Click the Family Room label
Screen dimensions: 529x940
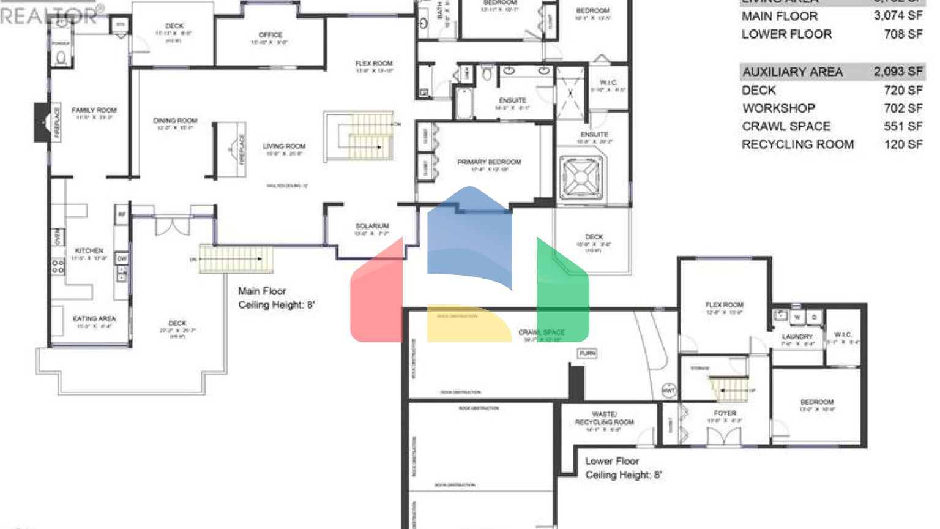click(94, 110)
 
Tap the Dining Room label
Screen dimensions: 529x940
click(175, 121)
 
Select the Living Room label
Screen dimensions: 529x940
click(284, 146)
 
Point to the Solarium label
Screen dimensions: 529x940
click(372, 226)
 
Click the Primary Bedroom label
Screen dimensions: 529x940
click(489, 162)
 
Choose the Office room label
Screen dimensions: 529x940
click(270, 35)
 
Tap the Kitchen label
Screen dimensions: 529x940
click(89, 250)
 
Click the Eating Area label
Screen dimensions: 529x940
click(94, 318)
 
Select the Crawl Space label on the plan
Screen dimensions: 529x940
click(542, 332)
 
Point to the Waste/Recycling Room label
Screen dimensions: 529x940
click(605, 418)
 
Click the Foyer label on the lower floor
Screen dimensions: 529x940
click(725, 413)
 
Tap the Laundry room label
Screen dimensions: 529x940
click(797, 337)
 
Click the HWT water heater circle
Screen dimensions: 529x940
click(669, 390)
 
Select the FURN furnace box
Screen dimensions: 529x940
click(587, 353)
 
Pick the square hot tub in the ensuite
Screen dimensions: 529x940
click(581, 178)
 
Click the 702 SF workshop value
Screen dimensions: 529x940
click(903, 108)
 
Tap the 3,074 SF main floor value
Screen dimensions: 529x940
click(898, 16)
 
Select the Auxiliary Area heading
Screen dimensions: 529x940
click(793, 72)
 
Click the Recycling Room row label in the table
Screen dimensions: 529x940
click(797, 144)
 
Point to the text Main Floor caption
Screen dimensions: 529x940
click(262, 291)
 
